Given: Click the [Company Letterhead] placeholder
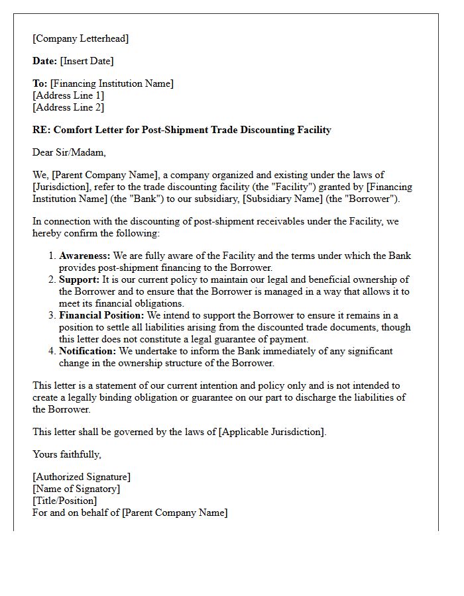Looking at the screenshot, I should pos(80,38).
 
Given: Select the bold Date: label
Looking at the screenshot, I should pos(44,61).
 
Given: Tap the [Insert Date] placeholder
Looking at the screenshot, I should pos(87,61).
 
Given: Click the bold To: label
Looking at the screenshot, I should pos(40,83).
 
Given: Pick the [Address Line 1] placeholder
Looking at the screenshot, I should pos(68,95).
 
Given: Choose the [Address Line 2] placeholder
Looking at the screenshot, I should pos(68,107).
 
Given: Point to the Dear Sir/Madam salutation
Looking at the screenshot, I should pos(69,152).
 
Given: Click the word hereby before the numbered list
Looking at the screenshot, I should pos(48,233).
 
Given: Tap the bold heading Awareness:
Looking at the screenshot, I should pos(85,256).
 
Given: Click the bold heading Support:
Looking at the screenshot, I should pos(79,279).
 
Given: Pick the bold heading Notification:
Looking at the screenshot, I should pos(87,351).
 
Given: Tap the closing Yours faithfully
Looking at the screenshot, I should pos(67,454).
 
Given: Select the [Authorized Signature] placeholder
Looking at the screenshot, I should pos(82,477).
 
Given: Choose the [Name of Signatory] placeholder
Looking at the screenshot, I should pos(76,489).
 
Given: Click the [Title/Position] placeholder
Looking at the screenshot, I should pos(64,501).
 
